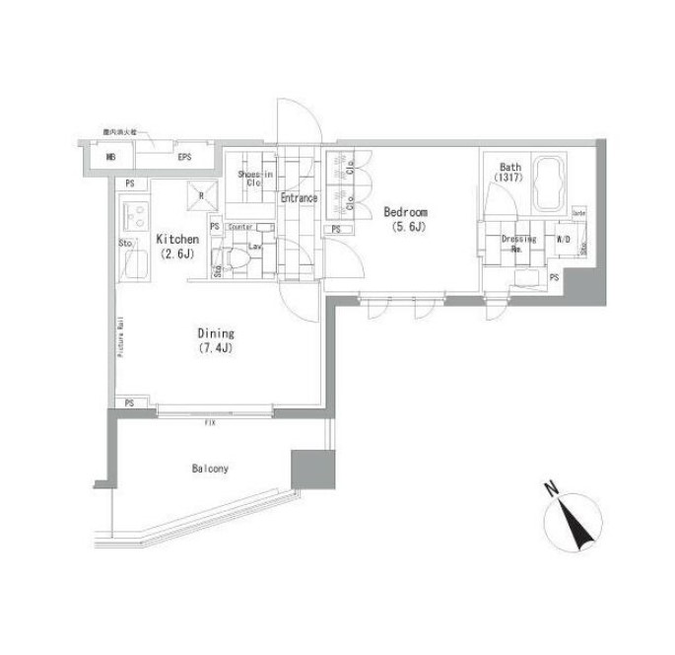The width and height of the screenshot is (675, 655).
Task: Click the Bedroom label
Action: click(405, 212)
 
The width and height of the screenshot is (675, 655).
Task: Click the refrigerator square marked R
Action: click(201, 195)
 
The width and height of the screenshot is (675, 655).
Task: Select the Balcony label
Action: click(210, 469)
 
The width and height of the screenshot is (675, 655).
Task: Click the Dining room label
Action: click(214, 334)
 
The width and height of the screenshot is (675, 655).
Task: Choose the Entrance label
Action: click(299, 198)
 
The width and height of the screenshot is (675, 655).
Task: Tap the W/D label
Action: click(565, 240)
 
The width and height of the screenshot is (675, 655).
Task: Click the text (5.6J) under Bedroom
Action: click(405, 228)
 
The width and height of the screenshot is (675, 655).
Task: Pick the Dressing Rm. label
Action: click(516, 243)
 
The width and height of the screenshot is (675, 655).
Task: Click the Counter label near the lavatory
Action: click(241, 227)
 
